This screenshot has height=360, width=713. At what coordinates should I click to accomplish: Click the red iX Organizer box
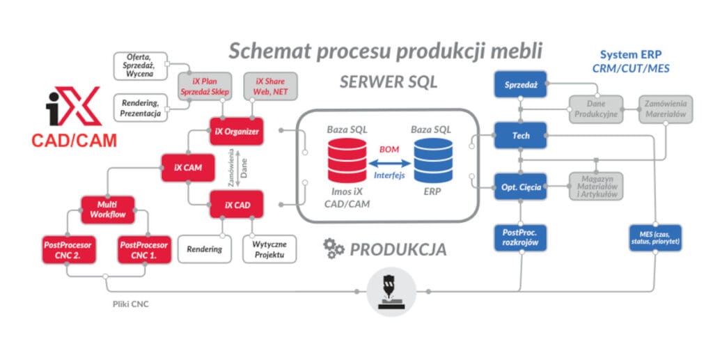click(x=236, y=131)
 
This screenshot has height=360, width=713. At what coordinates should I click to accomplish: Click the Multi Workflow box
click(x=108, y=210)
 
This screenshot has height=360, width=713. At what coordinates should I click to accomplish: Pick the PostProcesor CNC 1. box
click(x=144, y=251)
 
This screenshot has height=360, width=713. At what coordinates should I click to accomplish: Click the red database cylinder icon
click(x=347, y=161)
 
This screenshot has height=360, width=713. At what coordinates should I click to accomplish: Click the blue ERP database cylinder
click(x=433, y=161)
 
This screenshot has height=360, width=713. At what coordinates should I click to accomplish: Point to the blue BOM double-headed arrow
click(x=390, y=163)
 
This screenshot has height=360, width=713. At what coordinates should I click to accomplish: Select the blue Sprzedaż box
click(x=519, y=85)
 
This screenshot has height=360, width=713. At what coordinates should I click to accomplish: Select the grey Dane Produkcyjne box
click(x=597, y=109)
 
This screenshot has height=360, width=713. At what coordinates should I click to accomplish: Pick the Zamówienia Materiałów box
click(x=666, y=109)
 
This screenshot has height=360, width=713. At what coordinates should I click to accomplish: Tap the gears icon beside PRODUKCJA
click(x=334, y=248)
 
